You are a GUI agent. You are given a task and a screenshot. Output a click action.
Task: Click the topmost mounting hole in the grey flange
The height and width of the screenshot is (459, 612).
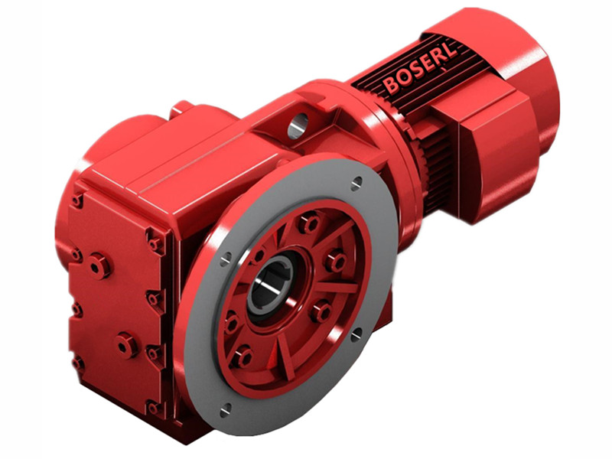tap(356, 182)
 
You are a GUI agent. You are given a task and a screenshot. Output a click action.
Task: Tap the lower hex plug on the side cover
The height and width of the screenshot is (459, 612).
tap(125, 346)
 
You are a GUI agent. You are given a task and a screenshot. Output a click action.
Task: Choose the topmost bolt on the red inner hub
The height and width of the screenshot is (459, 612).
tap(308, 224)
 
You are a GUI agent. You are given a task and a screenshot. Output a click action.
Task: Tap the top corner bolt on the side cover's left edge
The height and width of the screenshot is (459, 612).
tap(77, 200)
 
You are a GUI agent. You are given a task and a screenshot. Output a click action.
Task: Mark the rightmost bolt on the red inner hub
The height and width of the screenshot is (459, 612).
tap(334, 262)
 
